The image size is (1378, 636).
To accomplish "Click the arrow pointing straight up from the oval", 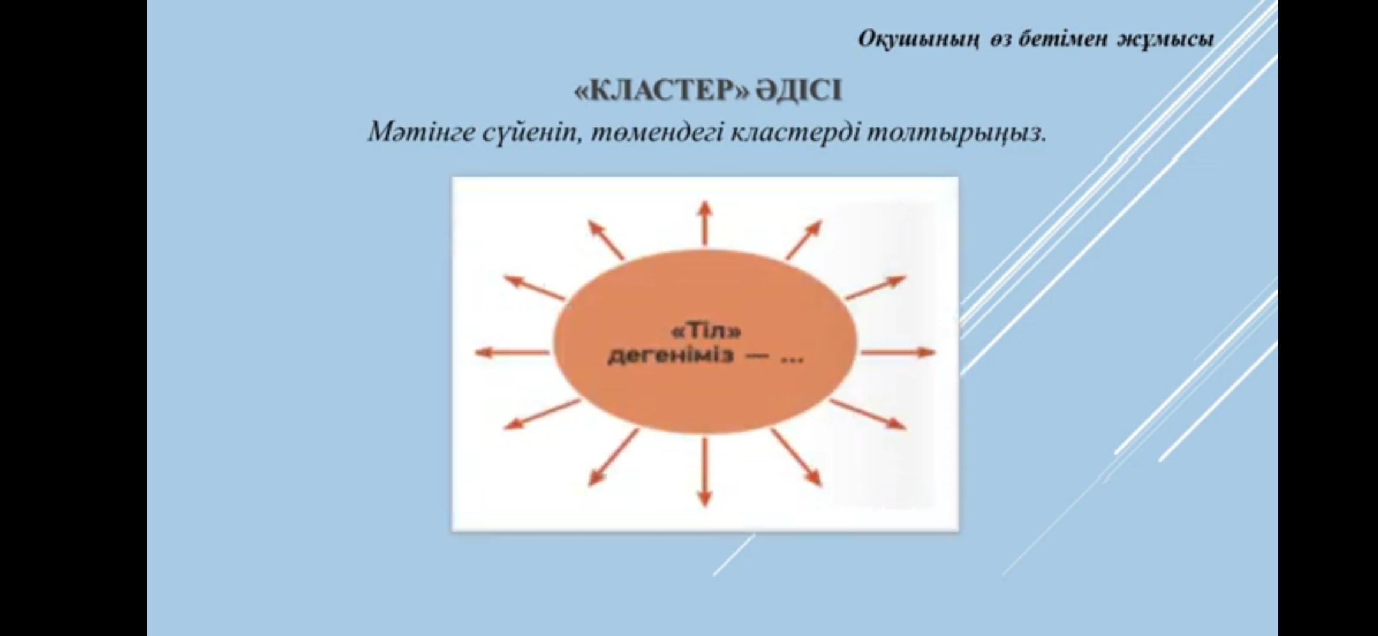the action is pos(705,223).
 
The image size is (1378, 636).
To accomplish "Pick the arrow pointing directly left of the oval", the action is pos(512,353).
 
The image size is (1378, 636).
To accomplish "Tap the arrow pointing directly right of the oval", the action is pos(899,353).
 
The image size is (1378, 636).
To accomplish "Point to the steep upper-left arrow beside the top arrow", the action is pos(605,240).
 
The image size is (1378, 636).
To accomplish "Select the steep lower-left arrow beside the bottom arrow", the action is pos(613,458).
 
